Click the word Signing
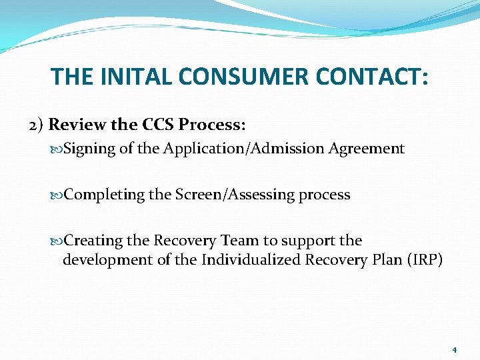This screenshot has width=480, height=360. pyautogui.click(x=91, y=149)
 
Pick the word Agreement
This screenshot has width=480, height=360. pyautogui.click(x=366, y=149)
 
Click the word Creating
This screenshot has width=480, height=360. pyautogui.click(x=93, y=240)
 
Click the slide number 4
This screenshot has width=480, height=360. pyautogui.click(x=454, y=349)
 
